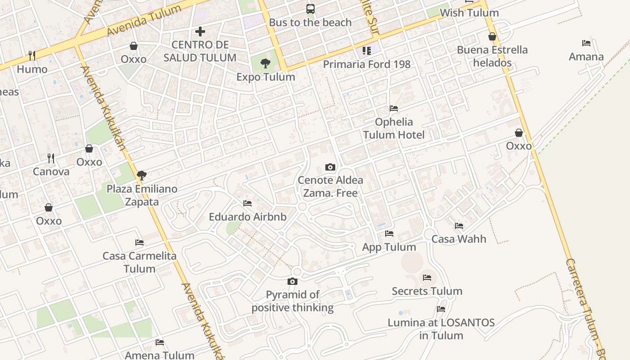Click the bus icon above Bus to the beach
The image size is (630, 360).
pyautogui.click(x=310, y=9)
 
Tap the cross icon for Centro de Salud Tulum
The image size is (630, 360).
pyautogui.click(x=200, y=31)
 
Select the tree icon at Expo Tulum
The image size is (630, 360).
pyautogui.click(x=265, y=63)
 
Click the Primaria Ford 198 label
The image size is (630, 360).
pyautogui.click(x=367, y=64)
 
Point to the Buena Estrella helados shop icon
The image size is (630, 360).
pyautogui.click(x=492, y=36)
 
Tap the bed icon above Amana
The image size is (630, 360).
pyautogui.click(x=586, y=43)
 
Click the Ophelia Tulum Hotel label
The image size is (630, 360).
pyautogui.click(x=394, y=128)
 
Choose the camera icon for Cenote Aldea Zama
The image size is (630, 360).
pyautogui.click(x=330, y=167)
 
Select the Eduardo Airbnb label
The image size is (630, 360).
pyautogui.click(x=247, y=217)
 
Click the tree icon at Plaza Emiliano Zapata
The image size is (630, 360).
pyautogui.click(x=142, y=175)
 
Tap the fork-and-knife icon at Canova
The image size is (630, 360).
pyautogui.click(x=51, y=158)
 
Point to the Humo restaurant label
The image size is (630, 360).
pyautogui.click(x=32, y=69)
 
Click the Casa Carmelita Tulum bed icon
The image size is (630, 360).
pyautogui.click(x=139, y=242)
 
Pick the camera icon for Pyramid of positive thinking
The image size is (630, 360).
pyautogui.click(x=292, y=281)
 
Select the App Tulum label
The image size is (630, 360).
pyautogui.click(x=389, y=247)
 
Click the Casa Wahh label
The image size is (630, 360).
pyautogui.click(x=459, y=238)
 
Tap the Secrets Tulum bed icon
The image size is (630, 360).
pyautogui.click(x=427, y=277)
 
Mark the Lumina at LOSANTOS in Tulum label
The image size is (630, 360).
pyautogui.click(x=441, y=329)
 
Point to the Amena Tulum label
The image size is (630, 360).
pyautogui.click(x=160, y=355)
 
